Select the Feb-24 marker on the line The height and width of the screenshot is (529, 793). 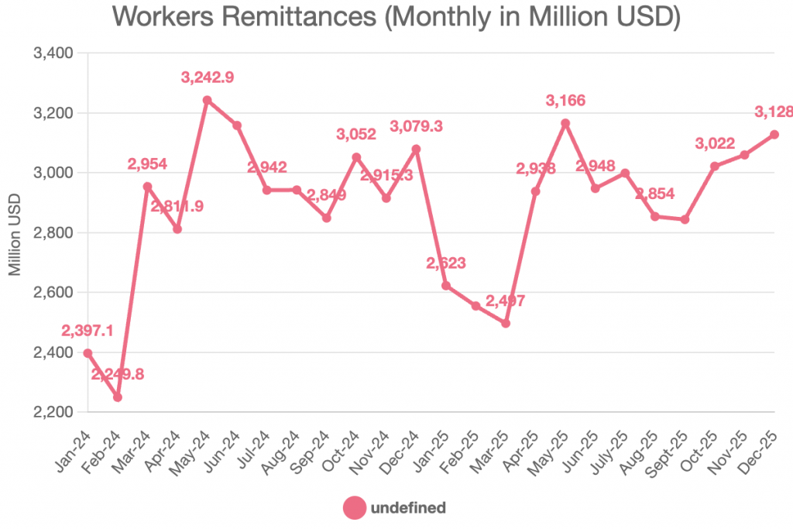coord(118,397)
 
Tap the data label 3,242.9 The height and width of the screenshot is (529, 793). coord(208,77)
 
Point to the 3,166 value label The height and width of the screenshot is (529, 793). coord(565,101)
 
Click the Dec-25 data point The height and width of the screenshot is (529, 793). coord(774,134)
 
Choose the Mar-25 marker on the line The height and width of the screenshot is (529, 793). coord(506,323)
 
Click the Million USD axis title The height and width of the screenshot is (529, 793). coord(15,232)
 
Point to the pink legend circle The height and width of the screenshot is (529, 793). coord(354,508)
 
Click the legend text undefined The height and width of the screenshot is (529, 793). coord(408,508)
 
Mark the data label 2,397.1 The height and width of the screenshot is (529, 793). coord(87,331)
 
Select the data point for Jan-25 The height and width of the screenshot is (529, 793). coord(446,286)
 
